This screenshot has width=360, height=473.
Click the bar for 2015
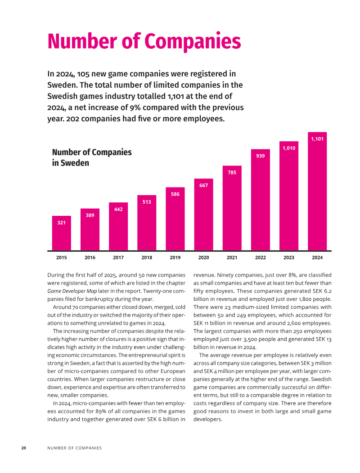(x=61, y=233)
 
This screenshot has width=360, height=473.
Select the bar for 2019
(x=175, y=219)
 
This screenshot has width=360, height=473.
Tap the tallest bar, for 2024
(x=317, y=191)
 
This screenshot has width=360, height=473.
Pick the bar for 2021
(x=232, y=208)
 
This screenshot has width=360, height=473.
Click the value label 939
(x=261, y=156)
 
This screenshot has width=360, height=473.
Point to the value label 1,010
(x=289, y=148)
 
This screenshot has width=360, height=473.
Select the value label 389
(x=90, y=215)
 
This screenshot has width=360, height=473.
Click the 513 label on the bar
(x=147, y=202)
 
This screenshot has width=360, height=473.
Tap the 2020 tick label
(x=203, y=258)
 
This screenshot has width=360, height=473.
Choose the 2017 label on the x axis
(x=118, y=258)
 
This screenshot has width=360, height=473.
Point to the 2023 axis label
(x=289, y=258)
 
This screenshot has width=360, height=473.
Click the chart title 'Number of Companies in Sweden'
(x=92, y=157)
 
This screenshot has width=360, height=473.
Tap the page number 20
(x=23, y=448)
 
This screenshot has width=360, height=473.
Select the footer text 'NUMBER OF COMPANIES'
(x=75, y=448)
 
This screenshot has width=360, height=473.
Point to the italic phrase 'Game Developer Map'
(x=72, y=291)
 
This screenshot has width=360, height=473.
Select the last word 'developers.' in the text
(x=208, y=419)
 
